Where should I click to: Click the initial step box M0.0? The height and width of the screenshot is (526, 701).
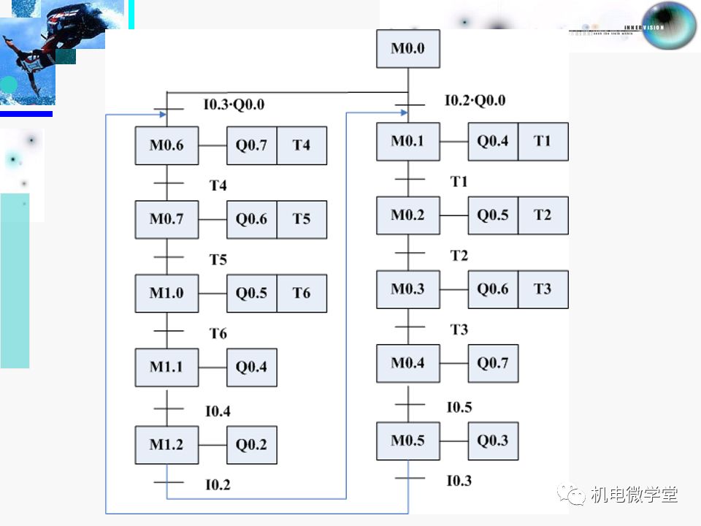tap(407, 49)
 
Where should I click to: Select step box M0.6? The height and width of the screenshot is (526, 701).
tap(166, 145)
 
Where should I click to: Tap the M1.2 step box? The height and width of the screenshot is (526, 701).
tap(166, 444)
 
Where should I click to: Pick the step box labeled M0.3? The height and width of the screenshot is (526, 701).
tap(407, 289)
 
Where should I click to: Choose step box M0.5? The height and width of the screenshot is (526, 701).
tap(407, 441)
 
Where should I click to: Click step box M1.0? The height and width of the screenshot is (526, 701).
tap(166, 293)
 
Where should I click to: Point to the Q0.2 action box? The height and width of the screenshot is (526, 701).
tap(251, 444)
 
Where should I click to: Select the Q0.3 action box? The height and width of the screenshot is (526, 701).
tap(493, 441)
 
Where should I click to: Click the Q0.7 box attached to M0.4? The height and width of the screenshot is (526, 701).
tap(493, 363)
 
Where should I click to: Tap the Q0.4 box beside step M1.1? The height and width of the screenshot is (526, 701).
tap(251, 367)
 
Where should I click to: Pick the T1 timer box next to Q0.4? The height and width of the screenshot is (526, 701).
tap(543, 141)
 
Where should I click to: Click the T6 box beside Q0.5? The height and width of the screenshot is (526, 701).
tap(302, 293)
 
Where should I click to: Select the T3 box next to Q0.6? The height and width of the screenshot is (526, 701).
tap(543, 289)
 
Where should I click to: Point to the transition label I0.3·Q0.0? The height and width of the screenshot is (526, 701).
tap(234, 104)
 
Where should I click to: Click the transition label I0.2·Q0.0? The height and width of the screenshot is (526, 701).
tap(475, 101)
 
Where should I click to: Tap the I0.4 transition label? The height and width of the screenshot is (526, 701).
tap(218, 412)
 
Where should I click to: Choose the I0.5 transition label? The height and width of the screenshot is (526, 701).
tap(459, 408)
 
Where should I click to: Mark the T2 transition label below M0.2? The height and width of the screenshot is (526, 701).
tap(459, 256)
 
